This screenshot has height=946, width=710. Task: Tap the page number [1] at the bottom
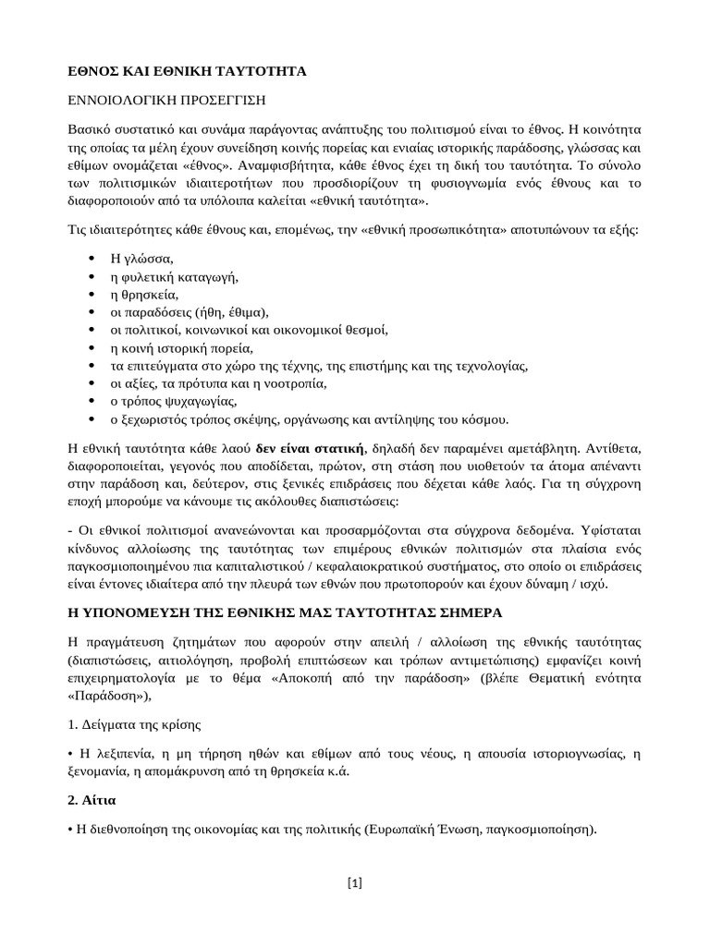tap(355, 882)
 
